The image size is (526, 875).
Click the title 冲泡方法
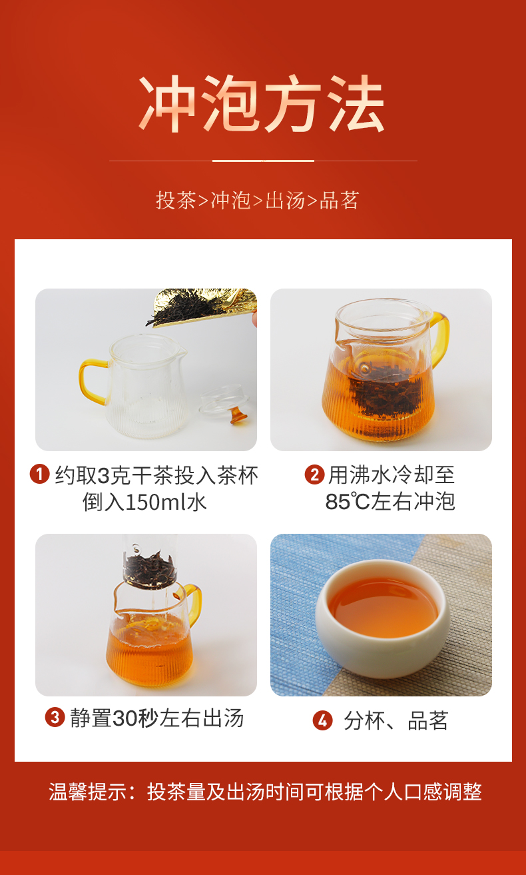coord(262,103)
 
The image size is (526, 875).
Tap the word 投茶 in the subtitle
coord(176,201)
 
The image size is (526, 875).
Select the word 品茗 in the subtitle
coord(339,201)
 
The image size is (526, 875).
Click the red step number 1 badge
coord(40,474)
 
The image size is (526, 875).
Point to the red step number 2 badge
coord(314,474)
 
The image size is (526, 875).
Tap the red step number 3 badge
coord(55,717)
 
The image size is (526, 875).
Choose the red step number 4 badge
coord(323,720)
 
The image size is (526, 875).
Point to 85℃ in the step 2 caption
coord(348,502)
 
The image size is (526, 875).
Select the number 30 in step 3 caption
coord(125,718)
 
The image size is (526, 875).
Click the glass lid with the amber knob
coord(224,405)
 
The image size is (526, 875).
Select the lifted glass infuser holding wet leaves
coord(150,562)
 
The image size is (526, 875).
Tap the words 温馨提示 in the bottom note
coord(88,792)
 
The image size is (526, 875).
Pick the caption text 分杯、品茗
coord(395,720)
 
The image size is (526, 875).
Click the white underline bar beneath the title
coord(263,161)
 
